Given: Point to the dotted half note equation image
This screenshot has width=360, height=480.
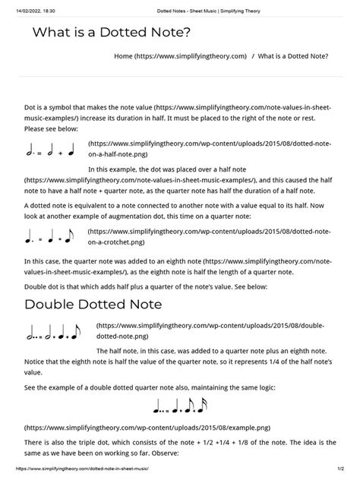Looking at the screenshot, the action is coord(51,150).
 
